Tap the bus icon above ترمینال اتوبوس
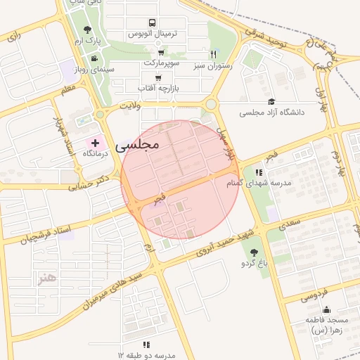tap(153, 23)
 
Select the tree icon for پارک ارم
tap(87, 30)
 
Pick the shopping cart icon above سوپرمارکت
tap(161, 53)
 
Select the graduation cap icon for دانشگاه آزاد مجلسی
tap(271, 102)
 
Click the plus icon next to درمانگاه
tap(96, 143)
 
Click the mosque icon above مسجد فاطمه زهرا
tap(326, 309)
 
